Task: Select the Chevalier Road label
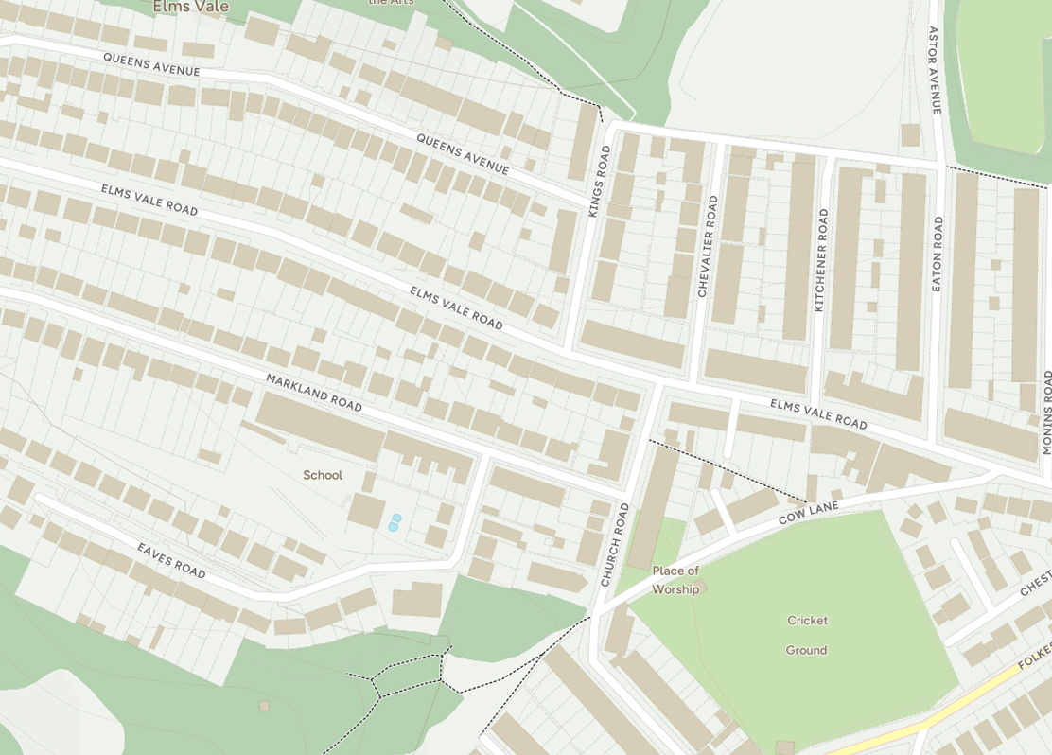(707, 246)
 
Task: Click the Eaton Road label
(937, 253)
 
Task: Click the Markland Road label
(314, 392)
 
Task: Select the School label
(323, 475)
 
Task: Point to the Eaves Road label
(171, 561)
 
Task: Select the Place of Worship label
(675, 580)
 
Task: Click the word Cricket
(807, 621)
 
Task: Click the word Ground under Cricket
(806, 650)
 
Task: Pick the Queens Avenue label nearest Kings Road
(463, 154)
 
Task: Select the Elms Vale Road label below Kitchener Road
(818, 413)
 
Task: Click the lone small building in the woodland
(264, 706)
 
